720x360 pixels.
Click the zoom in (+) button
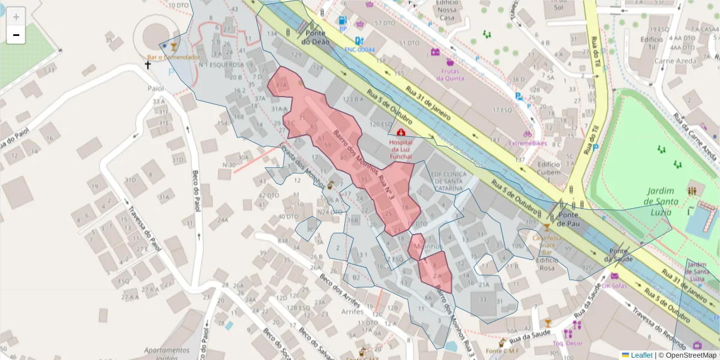point(16,17)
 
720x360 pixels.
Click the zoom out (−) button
point(16,35)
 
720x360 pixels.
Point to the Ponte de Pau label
point(569,219)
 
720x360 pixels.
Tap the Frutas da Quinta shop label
point(447,74)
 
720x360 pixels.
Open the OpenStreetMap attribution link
point(687,355)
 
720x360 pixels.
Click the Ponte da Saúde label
point(619,255)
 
